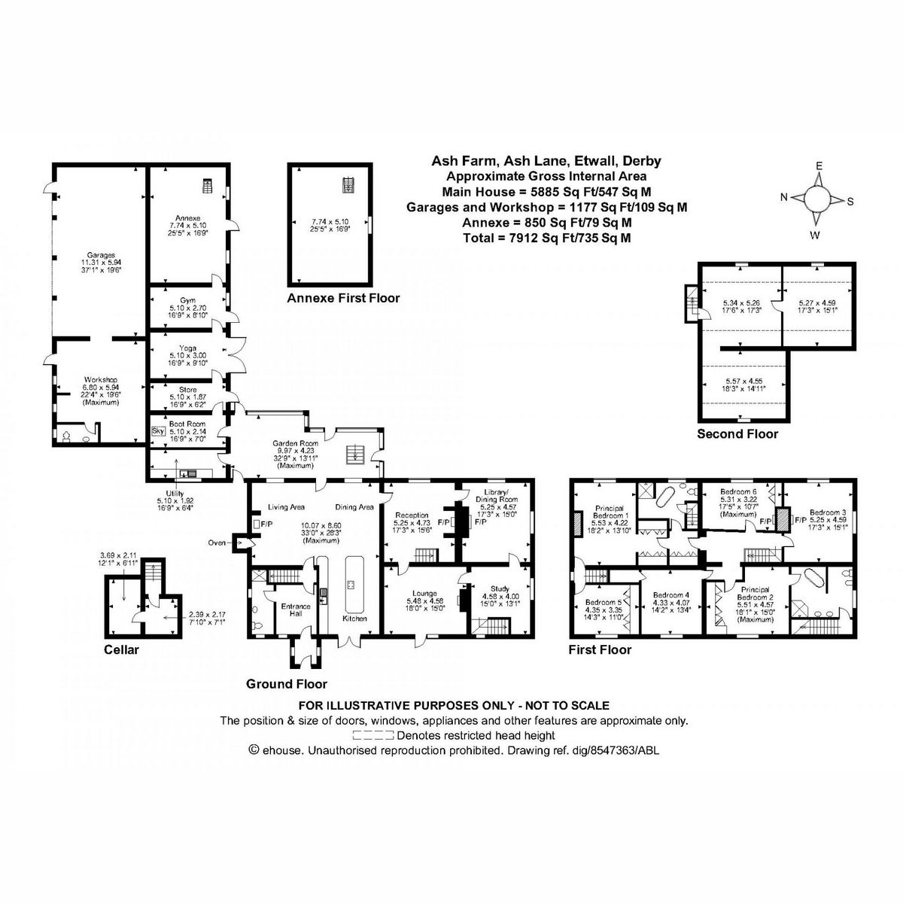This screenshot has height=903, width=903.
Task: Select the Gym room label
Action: click(x=187, y=300)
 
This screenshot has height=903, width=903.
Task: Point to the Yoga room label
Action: click(x=187, y=348)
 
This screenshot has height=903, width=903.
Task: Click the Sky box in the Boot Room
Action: click(x=158, y=431)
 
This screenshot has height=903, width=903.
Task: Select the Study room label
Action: click(x=500, y=588)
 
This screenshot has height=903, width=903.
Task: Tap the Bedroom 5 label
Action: click(x=604, y=602)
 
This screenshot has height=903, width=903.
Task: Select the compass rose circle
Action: click(x=816, y=199)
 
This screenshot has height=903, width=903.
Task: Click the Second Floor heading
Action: click(x=737, y=434)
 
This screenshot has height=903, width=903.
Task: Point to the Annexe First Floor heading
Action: click(x=343, y=299)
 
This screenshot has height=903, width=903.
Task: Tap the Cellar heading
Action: click(x=122, y=649)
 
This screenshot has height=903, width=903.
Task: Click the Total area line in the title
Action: click(x=546, y=238)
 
